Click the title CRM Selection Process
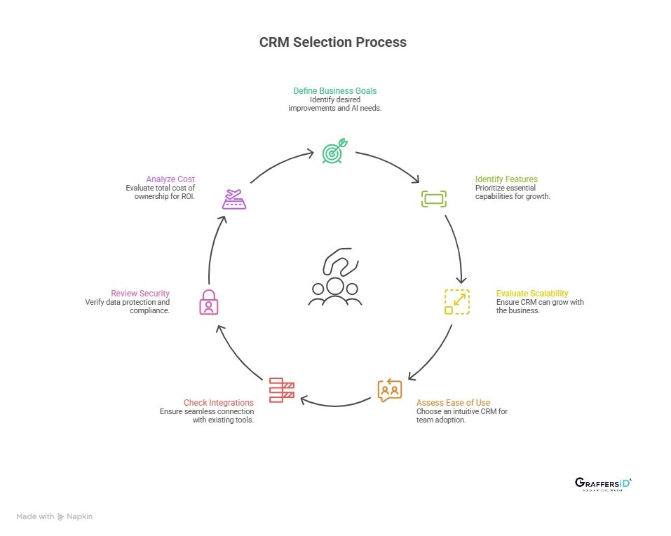333,42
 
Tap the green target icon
334,152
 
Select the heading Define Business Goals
335,91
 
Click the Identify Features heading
506,179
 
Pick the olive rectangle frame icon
433,199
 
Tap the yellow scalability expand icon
457,301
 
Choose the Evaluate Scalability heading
532,293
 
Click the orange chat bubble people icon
389,390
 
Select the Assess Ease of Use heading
454,403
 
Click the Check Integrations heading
219,403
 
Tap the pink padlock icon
209,302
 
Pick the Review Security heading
140,293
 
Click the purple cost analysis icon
233,199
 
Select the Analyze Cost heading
170,179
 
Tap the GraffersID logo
603,484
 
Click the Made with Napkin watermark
55,516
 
